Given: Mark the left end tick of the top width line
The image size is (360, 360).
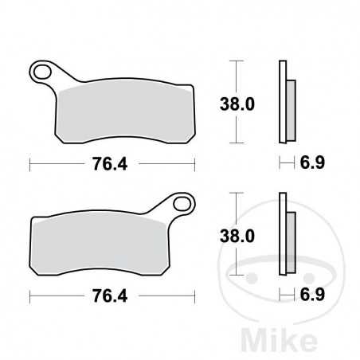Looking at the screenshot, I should click(x=30, y=164).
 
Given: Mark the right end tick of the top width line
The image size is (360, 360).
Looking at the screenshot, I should click(x=195, y=164).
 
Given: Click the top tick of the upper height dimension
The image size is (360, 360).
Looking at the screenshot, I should click(x=235, y=61).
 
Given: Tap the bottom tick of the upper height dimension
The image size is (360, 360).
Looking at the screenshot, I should click(x=235, y=142).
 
